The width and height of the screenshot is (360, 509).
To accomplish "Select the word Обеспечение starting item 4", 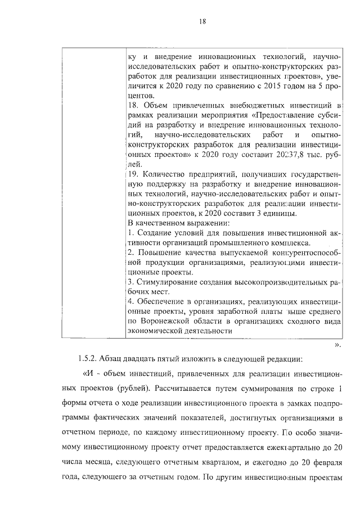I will [x=160, y=301].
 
